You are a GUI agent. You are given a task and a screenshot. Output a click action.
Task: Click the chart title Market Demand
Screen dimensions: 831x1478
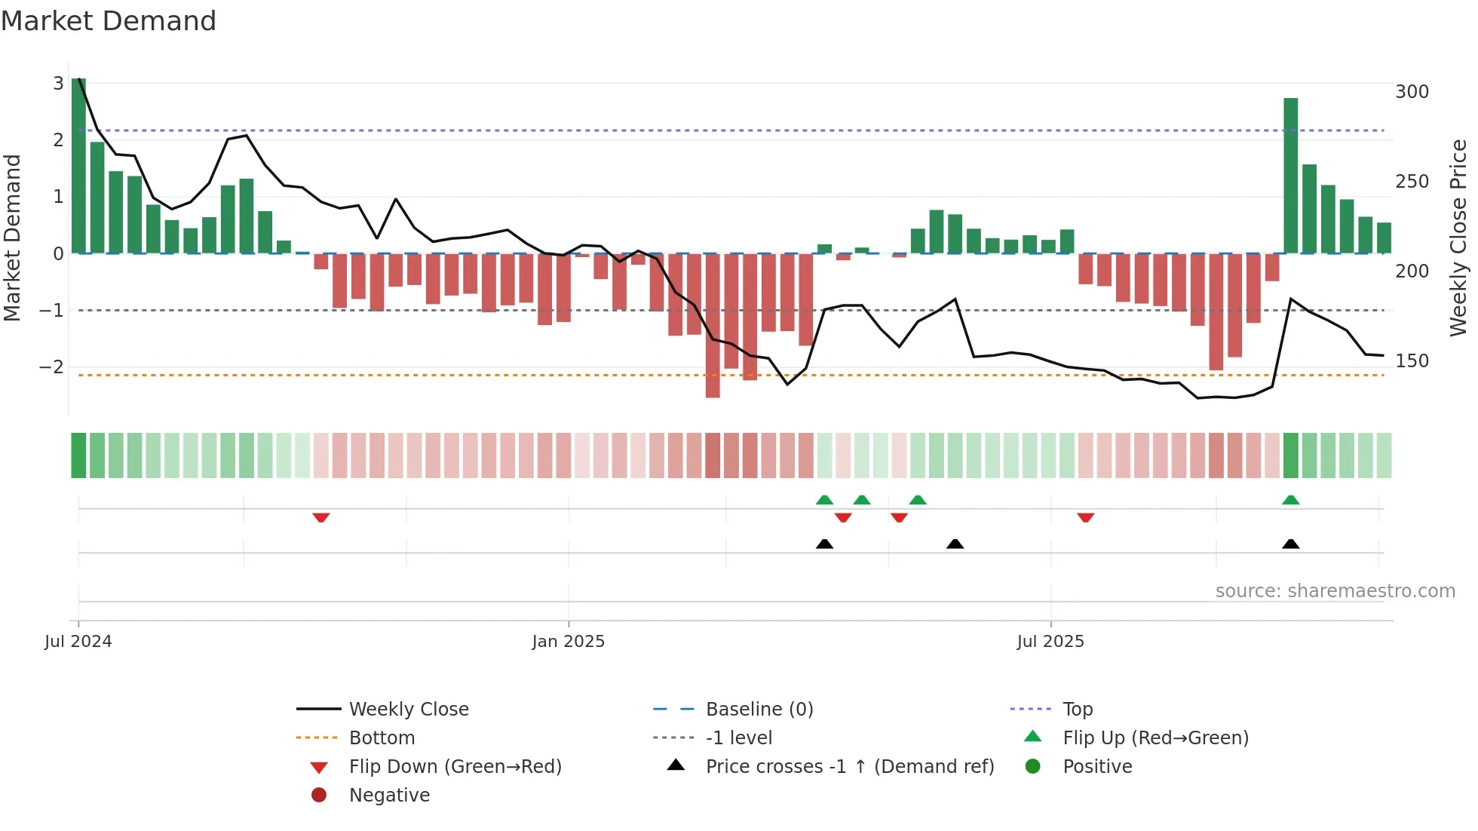tap(109, 21)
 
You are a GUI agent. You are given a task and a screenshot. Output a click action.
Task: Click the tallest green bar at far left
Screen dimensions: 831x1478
tap(78, 166)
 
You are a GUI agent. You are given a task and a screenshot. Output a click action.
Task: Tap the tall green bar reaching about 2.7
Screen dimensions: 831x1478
tap(1290, 176)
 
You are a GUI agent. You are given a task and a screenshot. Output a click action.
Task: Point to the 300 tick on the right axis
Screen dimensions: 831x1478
tap(1412, 92)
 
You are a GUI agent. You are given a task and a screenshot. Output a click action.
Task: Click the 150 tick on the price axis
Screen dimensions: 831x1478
tap(1412, 361)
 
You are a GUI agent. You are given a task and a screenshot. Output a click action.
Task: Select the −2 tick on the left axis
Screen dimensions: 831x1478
tap(51, 367)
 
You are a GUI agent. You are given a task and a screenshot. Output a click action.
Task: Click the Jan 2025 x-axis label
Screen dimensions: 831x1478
tap(568, 642)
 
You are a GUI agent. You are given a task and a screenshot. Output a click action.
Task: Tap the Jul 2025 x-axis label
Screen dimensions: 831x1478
tap(1050, 642)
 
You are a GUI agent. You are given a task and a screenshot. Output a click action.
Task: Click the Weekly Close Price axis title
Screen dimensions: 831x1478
tap(1458, 238)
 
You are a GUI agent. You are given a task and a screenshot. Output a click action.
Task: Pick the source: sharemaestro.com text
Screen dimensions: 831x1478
tap(1335, 591)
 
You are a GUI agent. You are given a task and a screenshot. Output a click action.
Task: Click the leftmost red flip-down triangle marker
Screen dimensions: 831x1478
tap(320, 518)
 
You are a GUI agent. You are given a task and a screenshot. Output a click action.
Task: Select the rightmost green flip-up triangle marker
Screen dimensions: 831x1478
tap(1290, 500)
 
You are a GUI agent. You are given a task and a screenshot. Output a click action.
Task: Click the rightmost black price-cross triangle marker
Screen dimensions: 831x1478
tap(1290, 544)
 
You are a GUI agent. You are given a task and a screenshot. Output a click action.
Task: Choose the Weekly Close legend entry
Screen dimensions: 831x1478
tap(408, 710)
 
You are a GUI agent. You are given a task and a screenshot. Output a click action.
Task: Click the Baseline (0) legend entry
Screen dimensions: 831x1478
tap(759, 710)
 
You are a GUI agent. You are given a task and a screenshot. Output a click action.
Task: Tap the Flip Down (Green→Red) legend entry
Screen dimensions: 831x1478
tap(455, 767)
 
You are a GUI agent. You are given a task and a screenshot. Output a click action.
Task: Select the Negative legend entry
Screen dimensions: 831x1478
tap(389, 796)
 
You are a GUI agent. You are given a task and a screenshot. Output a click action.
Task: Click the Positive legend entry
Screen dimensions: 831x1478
tap(1096, 767)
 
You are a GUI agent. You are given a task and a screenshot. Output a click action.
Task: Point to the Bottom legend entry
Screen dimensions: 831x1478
tap(382, 738)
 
